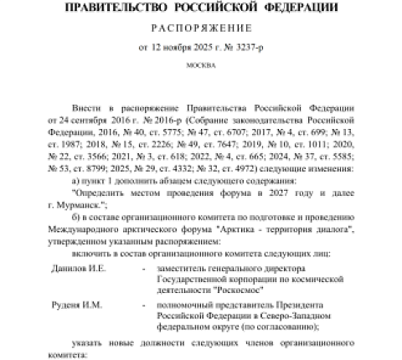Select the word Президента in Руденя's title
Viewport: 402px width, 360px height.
pyautogui.click(x=305, y=306)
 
